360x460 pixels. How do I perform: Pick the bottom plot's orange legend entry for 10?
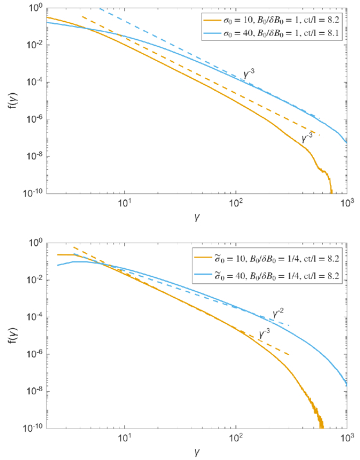click(267, 259)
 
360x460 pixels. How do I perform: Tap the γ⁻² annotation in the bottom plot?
click(278, 313)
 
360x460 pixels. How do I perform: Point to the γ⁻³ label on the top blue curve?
click(249, 74)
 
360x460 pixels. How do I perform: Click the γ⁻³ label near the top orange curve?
click(307, 138)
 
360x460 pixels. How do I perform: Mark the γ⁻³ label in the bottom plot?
click(264, 333)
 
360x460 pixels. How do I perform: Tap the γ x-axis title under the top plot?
click(197, 217)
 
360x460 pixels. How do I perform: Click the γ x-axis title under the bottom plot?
click(197, 452)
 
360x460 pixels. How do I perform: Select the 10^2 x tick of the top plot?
click(236, 202)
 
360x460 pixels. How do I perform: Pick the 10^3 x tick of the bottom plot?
click(346, 437)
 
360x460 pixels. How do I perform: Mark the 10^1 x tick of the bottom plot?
click(125, 437)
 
